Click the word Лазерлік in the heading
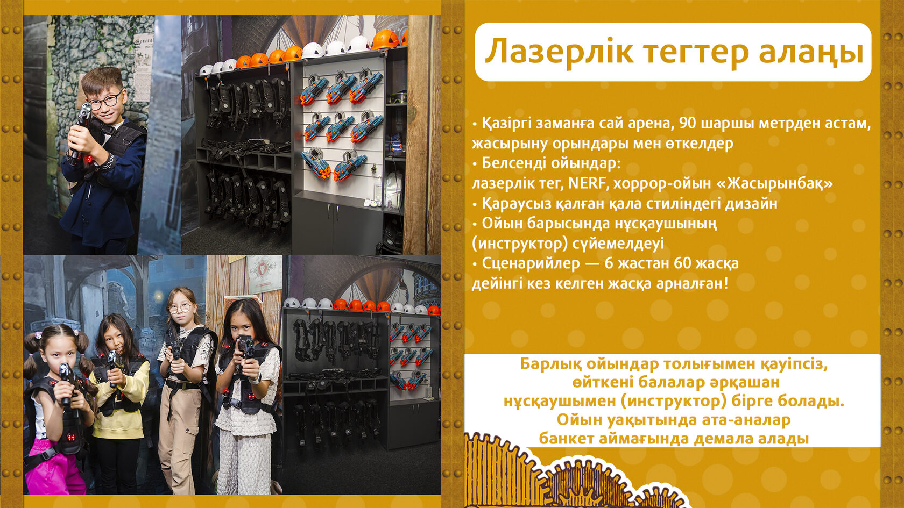tap(560, 52)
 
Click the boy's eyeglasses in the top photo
tap(105, 100)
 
